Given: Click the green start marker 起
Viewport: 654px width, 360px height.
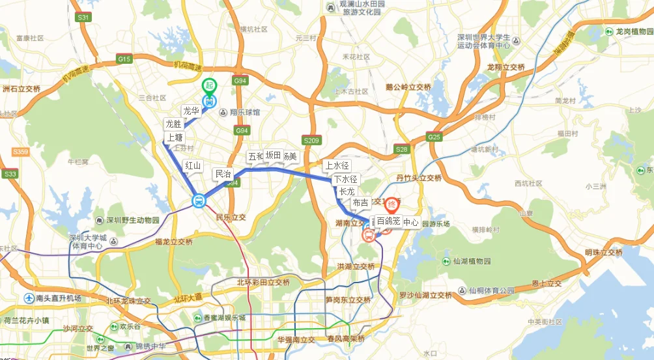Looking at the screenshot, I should [208, 85].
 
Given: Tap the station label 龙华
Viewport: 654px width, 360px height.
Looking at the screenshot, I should [190, 111].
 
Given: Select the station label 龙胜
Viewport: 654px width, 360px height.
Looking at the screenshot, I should [173, 124].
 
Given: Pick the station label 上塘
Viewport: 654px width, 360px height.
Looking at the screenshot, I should [175, 137].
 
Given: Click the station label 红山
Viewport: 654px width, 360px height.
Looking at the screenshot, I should [193, 165].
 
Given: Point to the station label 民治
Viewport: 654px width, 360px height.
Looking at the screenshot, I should [223, 174].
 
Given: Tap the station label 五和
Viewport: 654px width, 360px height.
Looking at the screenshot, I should [256, 156].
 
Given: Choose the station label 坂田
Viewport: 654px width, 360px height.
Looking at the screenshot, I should [273, 155].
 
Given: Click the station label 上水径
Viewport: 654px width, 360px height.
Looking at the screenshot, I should [337, 165].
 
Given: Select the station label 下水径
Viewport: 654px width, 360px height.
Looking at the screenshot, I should [345, 179].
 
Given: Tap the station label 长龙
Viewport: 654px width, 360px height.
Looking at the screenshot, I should [347, 191].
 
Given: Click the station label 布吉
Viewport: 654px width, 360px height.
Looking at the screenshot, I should [360, 203].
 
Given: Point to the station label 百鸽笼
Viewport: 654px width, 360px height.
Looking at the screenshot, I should [388, 221].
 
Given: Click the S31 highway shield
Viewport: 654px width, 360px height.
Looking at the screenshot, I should [83, 18].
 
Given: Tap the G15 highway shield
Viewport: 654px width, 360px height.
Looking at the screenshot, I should [124, 59].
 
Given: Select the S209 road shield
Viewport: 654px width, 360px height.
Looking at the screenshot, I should [311, 140].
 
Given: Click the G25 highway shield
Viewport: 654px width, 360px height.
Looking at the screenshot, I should [434, 137].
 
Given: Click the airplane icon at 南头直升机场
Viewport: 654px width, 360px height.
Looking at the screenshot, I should [29, 298].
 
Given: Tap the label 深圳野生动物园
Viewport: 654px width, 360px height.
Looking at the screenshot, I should [131, 220].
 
